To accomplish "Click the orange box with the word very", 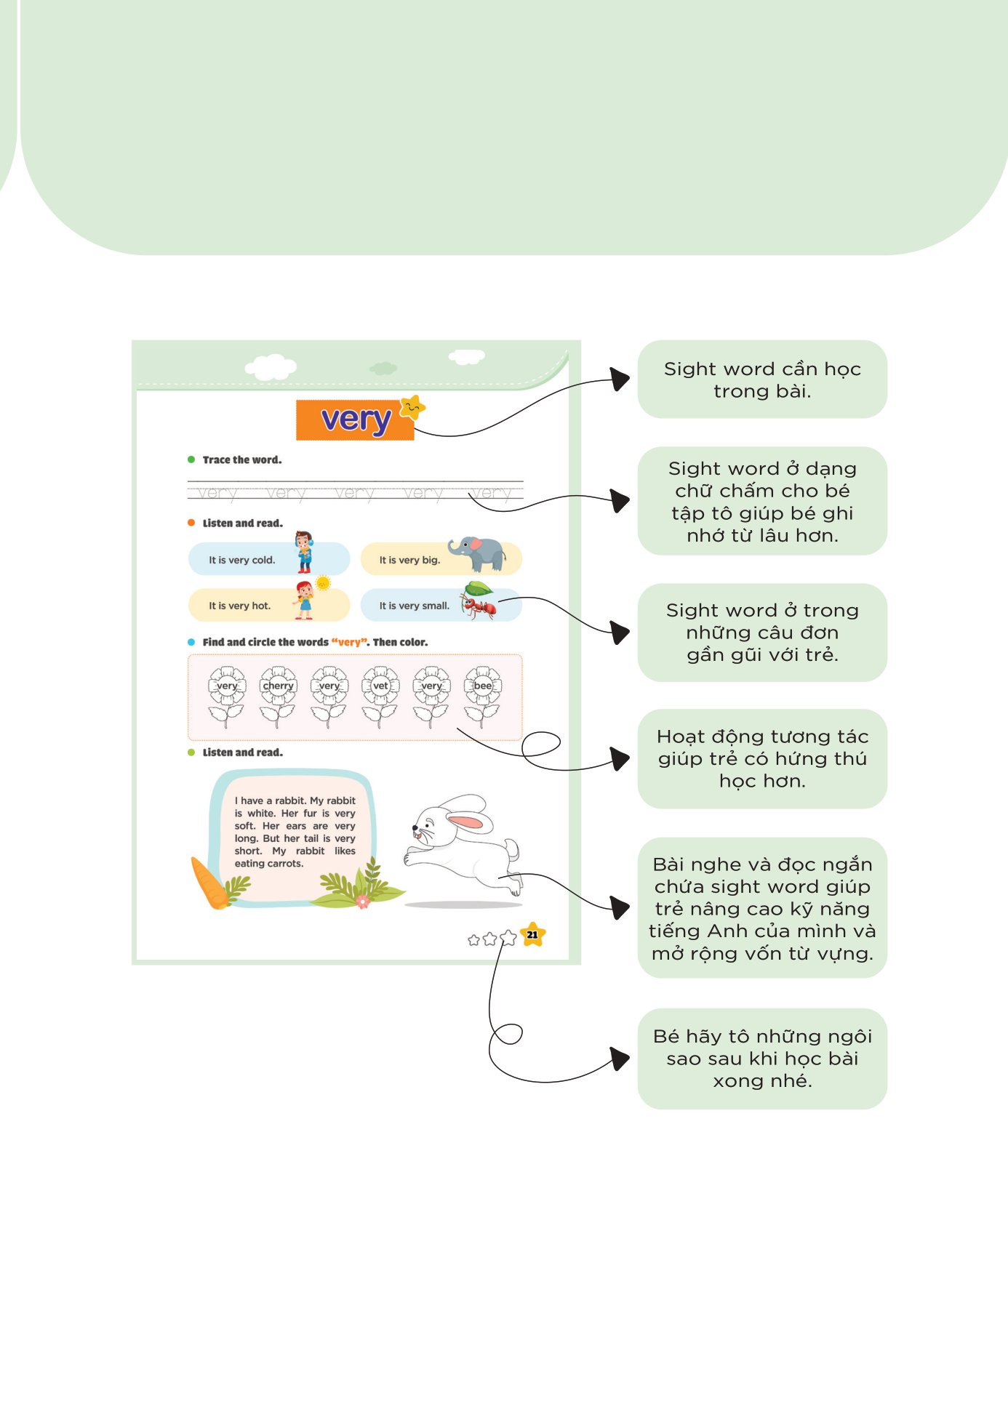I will tap(354, 420).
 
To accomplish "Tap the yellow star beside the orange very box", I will tap(412, 407).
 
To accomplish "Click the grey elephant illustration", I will tap(478, 554).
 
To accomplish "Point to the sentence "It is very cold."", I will tap(241, 561).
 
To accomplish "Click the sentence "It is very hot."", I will tap(239, 606).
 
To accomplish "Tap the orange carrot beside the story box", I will tap(209, 884).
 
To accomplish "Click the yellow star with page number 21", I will tap(533, 935).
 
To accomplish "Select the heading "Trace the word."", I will tap(241, 460).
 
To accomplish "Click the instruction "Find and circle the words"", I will tap(265, 643).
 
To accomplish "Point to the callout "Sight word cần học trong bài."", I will tap(762, 380).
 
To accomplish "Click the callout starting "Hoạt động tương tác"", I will tap(762, 759).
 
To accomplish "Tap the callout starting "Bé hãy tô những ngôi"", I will tap(762, 1059).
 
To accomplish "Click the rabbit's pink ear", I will tap(465, 822).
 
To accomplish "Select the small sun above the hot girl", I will tap(323, 583).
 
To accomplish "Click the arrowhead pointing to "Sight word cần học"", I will tap(620, 379).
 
